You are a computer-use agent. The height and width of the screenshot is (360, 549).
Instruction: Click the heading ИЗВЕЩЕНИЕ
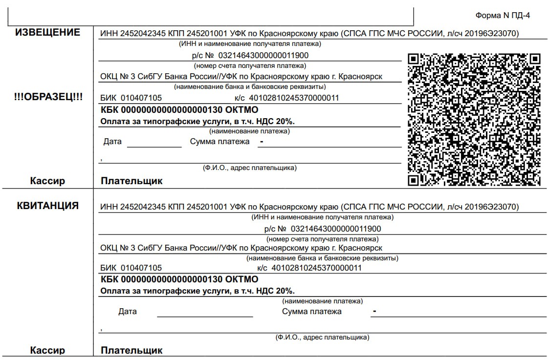47,33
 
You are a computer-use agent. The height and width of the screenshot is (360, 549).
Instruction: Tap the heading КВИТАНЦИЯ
48,206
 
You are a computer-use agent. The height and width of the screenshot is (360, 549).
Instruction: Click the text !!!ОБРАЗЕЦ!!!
48,97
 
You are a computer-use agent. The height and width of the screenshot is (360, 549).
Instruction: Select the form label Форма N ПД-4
503,16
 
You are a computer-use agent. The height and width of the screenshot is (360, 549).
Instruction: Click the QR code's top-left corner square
414,59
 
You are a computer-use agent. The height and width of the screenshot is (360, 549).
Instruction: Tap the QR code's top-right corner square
535,59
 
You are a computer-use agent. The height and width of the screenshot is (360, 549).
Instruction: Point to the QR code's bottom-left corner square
414,180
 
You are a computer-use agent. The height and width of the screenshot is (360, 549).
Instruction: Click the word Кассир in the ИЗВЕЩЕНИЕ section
47,181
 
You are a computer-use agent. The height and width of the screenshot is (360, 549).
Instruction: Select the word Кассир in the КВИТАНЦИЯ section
47,350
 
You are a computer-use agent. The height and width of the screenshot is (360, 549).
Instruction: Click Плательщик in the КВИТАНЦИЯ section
132,350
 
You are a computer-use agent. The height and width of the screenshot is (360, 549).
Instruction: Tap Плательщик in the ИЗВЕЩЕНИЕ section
132,181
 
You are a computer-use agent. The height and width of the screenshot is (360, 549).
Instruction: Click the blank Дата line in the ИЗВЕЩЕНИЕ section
154,146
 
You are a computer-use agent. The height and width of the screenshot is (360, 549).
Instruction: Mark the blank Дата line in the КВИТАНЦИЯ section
205,316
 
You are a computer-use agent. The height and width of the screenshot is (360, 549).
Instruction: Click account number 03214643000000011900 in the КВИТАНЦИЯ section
336,229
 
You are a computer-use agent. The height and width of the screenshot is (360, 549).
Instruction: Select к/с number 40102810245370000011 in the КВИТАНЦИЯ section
316,268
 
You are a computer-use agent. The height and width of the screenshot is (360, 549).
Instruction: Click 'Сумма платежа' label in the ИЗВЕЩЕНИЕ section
220,142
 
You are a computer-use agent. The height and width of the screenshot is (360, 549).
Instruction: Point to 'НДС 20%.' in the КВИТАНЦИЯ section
279,291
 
